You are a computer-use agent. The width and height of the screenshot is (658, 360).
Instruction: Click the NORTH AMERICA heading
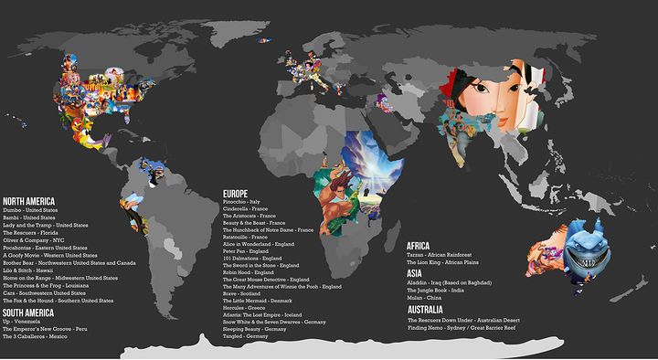[28, 201]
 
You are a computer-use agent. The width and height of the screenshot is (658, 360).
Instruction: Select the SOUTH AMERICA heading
[28, 311]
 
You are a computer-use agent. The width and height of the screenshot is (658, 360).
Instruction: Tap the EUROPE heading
[236, 194]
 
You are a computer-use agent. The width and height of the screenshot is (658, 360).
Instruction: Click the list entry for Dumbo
[29, 210]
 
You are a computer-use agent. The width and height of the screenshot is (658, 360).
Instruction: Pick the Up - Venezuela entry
[22, 320]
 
